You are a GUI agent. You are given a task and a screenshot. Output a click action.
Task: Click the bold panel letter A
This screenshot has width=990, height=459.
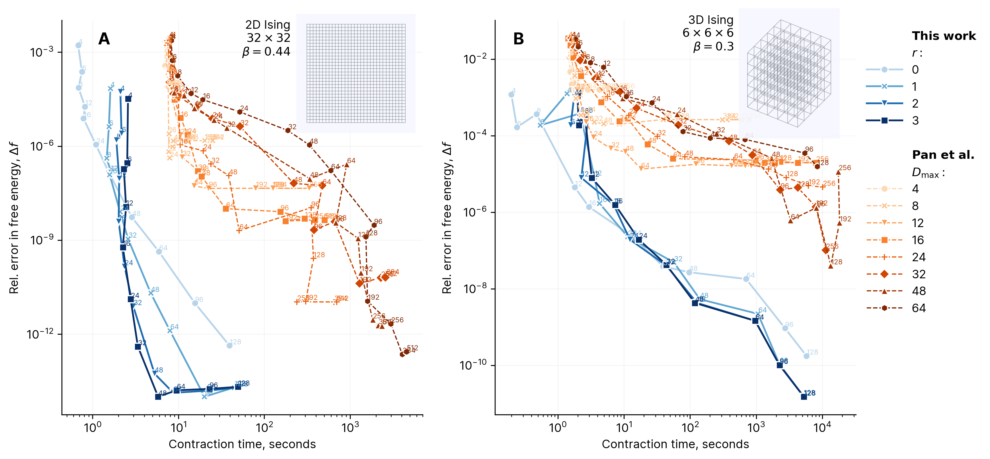104,39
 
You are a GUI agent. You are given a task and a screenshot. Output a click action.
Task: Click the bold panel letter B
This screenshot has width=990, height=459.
518,39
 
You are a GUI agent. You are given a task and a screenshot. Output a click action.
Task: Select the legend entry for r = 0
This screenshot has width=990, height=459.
892,69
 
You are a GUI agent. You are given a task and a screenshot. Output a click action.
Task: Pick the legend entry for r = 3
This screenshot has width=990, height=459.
892,121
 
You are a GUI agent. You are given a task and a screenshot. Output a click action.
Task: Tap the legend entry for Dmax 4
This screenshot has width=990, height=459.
892,189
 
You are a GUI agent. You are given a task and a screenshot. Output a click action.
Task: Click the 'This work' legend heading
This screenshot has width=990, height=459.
944,36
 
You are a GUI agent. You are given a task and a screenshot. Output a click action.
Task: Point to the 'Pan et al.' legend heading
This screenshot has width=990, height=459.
943,155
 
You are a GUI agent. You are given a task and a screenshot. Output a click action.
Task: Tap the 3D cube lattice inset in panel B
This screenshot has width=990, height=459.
789,73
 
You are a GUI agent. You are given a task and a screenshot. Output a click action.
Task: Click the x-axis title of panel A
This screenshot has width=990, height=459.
242,444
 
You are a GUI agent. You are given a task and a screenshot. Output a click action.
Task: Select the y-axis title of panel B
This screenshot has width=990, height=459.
447,217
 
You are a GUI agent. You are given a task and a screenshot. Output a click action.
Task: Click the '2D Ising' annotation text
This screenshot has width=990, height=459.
268,24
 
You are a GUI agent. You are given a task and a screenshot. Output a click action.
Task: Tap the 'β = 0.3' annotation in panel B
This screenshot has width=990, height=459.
713,46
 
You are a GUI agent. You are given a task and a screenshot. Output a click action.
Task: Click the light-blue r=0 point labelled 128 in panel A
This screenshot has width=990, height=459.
229,345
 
